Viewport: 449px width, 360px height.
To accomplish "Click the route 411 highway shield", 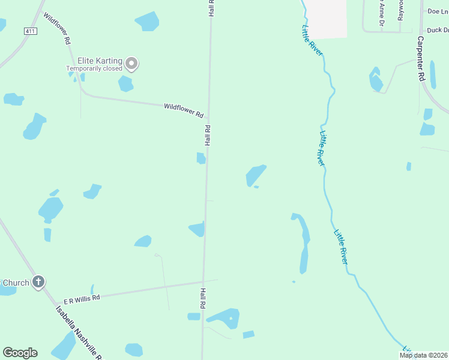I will [x=29, y=31].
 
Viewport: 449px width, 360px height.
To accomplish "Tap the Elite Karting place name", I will [x=100, y=61].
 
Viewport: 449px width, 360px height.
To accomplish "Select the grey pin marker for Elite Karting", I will [x=132, y=64].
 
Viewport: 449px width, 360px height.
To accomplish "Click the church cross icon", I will [x=38, y=282].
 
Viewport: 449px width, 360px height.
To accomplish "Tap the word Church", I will [x=14, y=282].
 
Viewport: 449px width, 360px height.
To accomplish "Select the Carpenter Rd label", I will [x=421, y=58].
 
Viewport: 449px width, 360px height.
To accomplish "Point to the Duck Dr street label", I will [x=437, y=30].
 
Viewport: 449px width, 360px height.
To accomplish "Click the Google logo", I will [x=20, y=353].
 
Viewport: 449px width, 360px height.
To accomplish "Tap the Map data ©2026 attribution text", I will [x=423, y=355].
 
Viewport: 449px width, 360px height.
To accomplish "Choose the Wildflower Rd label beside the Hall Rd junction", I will [x=184, y=110].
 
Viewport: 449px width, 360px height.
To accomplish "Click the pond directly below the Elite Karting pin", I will [x=125, y=83].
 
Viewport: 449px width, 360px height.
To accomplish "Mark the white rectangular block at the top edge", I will [x=327, y=18].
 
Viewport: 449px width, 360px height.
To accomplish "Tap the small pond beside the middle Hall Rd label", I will [x=201, y=158].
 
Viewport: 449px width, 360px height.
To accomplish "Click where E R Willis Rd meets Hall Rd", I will [x=203, y=281].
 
